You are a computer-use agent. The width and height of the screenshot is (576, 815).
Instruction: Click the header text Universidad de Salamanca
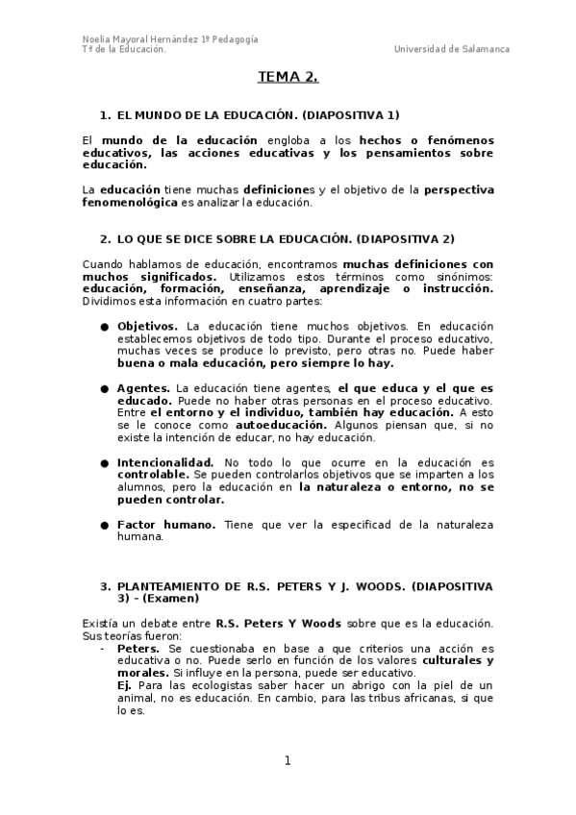[x=452, y=49]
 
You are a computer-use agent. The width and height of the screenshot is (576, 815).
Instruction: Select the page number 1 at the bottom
[x=287, y=761]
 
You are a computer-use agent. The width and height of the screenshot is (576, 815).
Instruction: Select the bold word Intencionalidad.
[x=165, y=462]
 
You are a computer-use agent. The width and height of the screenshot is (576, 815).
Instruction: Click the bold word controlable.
[x=153, y=475]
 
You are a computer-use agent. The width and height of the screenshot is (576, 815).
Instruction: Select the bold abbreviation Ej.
[x=124, y=686]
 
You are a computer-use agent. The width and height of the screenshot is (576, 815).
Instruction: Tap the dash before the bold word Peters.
[x=103, y=649]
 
